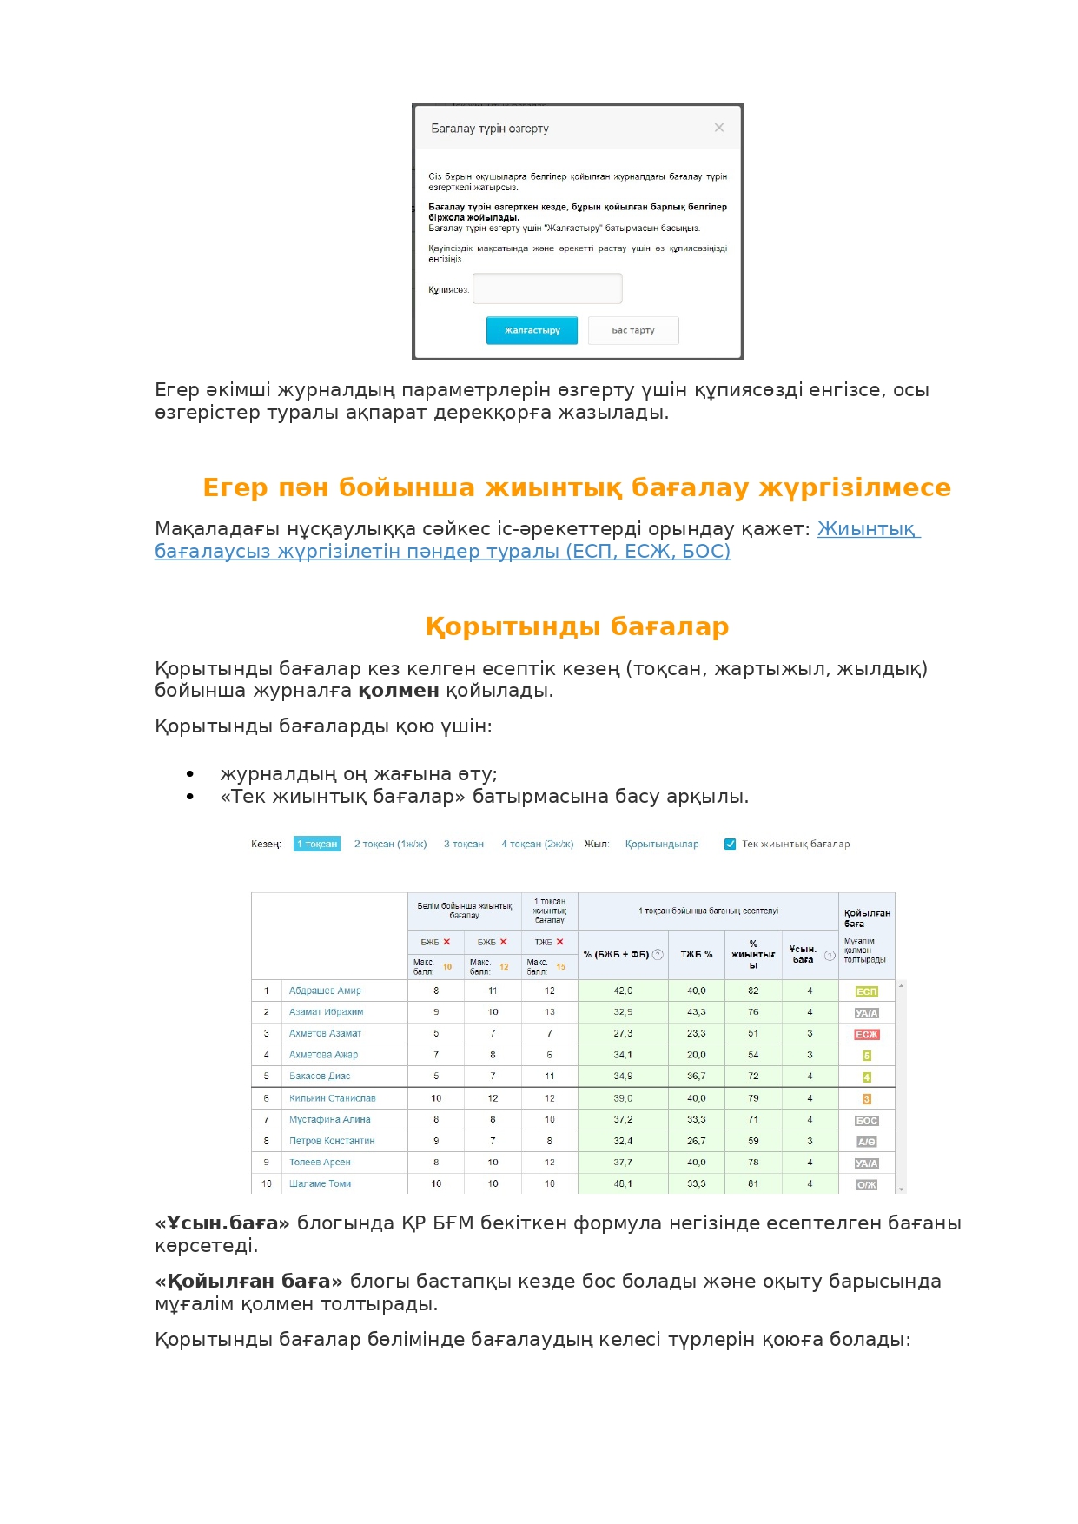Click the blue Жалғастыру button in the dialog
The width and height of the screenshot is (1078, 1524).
[x=532, y=330]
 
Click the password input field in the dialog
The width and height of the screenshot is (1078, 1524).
[x=547, y=288]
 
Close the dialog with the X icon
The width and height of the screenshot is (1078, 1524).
[x=719, y=128]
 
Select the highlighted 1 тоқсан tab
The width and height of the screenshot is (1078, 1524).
[x=317, y=844]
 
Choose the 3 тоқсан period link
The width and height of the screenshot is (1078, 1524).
[x=464, y=844]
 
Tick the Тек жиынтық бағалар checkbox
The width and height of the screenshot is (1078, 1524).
[x=731, y=844]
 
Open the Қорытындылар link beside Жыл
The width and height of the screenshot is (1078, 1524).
[x=662, y=844]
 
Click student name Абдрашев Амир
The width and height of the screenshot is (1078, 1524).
[x=325, y=991]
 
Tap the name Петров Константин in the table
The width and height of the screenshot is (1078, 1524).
[x=332, y=1141]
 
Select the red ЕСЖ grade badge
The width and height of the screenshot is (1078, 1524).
[x=867, y=1034]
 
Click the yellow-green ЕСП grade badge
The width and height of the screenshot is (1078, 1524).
[x=867, y=991]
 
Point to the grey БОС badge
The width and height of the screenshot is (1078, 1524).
[x=867, y=1121]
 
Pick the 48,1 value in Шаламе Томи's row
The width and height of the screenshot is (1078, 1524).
[x=623, y=1183]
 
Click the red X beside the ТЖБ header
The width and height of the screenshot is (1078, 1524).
[x=560, y=942]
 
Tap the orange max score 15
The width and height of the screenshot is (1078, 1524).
[x=561, y=967]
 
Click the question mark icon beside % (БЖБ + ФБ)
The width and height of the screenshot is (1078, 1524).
[x=658, y=954]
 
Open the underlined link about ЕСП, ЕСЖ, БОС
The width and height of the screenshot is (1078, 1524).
[x=442, y=551]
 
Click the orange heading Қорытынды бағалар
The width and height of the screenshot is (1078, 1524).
[x=577, y=626]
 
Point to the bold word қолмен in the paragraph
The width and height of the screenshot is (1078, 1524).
[x=399, y=691]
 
